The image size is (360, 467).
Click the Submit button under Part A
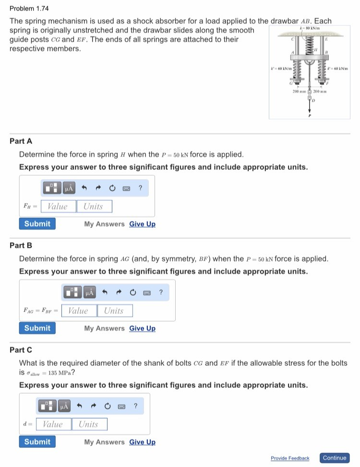pos(37,224)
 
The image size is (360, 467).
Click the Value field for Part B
pos(78,311)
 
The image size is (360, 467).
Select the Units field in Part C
pos(89,424)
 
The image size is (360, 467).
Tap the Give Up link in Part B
pos(142,328)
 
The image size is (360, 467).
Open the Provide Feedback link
pos(290,458)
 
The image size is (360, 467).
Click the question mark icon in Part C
pos(135,406)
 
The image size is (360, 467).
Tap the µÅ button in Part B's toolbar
pos(89,292)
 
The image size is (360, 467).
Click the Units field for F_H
pos(94,206)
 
